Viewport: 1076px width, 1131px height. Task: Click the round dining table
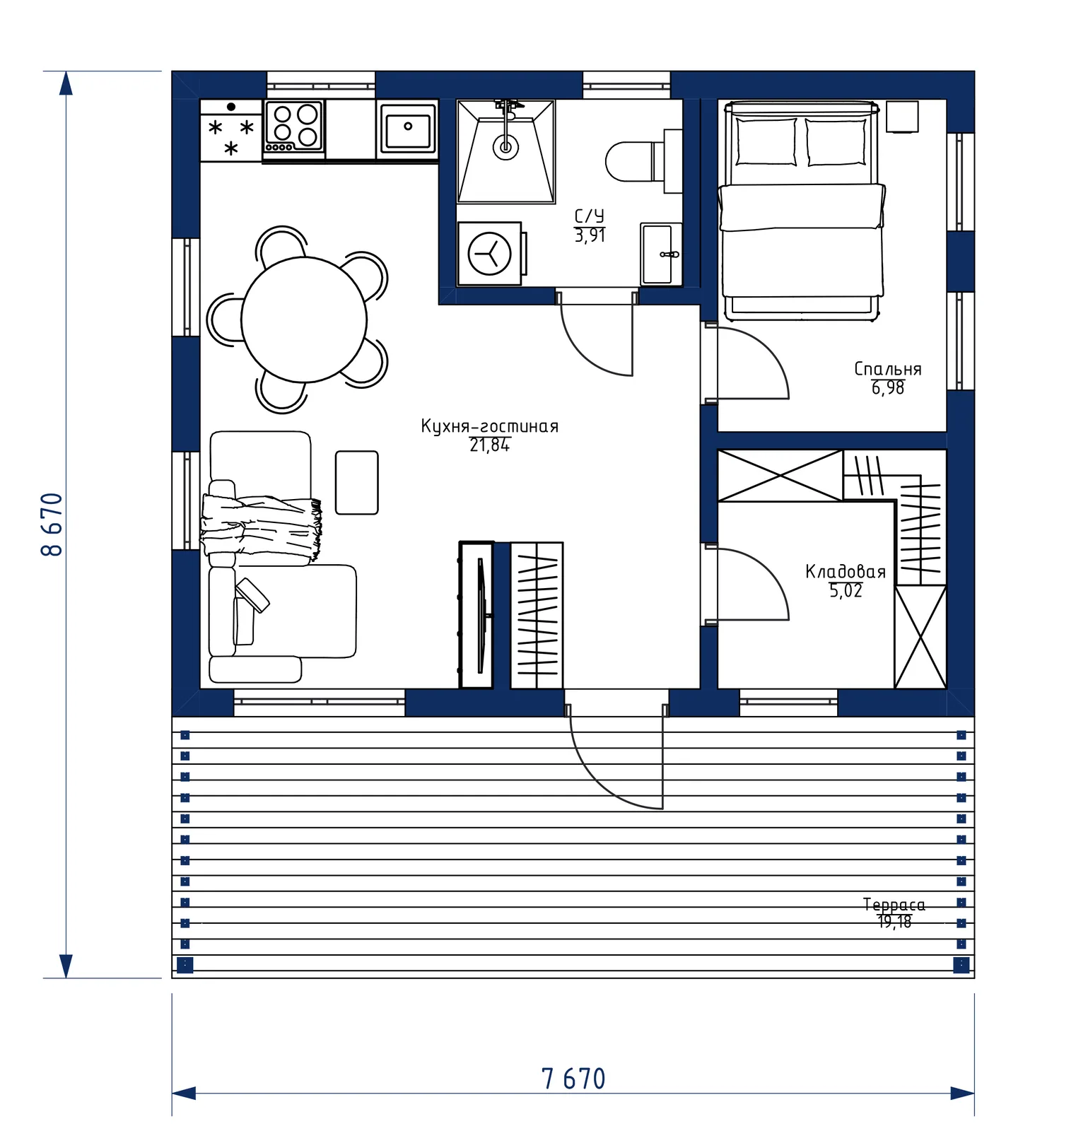point(304,320)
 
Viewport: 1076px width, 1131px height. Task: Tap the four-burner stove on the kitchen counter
point(295,127)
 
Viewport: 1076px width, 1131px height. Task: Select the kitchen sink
point(407,129)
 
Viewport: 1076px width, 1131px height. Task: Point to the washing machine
point(490,254)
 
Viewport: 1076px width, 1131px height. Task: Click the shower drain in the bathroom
point(505,147)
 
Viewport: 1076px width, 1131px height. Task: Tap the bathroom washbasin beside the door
point(661,254)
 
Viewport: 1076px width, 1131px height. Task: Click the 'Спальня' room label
point(888,369)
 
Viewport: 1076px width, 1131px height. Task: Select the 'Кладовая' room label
point(846,572)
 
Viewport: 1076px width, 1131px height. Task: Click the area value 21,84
point(489,445)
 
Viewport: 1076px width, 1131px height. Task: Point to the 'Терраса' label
point(894,905)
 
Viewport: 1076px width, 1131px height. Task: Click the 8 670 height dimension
point(53,525)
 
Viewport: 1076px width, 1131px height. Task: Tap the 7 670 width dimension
point(573,1079)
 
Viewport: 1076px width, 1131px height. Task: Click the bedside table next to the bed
point(902,117)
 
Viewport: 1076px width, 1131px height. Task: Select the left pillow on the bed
point(766,141)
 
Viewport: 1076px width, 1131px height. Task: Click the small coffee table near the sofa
point(357,483)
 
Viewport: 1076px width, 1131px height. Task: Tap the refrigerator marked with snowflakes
point(231,131)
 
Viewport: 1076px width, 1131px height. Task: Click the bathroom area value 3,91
point(590,235)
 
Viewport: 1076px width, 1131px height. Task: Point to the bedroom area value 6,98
point(888,388)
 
